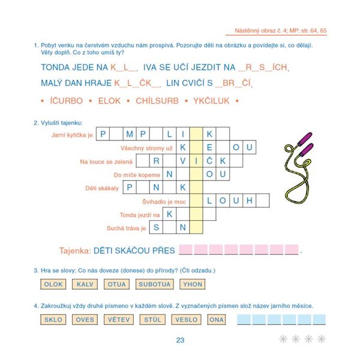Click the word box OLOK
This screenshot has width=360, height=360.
54,284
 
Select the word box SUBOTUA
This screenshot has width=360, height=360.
154,284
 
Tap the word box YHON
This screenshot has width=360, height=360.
193,284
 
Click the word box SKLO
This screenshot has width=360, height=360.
54,320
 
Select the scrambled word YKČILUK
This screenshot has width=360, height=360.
211,101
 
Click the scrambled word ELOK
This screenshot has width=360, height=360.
109,101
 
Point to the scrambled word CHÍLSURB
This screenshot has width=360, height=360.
157,101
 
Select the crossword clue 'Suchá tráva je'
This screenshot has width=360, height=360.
127,229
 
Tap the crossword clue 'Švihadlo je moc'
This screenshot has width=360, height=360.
164,202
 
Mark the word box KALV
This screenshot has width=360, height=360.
85,284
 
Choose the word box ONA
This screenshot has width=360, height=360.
215,320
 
